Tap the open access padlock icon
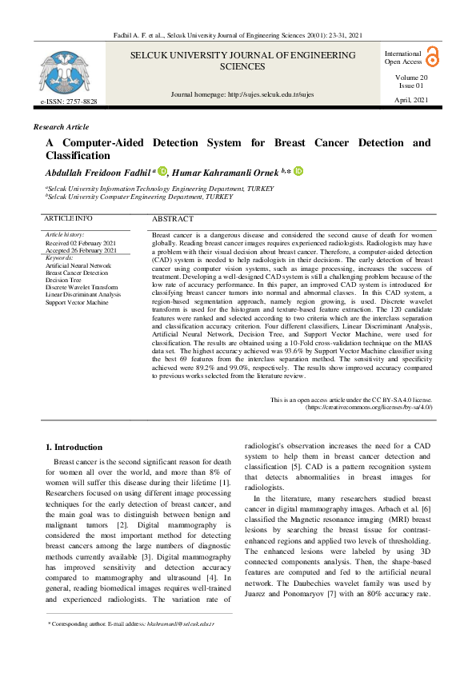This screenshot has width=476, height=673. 432,56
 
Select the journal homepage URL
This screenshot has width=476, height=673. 242,94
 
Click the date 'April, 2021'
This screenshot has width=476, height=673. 412,99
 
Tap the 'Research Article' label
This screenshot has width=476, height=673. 62,127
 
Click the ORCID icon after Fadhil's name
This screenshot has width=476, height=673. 162,170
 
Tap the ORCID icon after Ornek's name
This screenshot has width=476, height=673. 299,170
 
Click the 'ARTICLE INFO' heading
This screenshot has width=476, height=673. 68,218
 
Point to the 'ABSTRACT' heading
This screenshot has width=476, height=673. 172,219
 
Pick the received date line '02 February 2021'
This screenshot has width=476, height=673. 81,243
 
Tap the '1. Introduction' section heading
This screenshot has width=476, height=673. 74,447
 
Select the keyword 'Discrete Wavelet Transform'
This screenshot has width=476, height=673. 82,288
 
